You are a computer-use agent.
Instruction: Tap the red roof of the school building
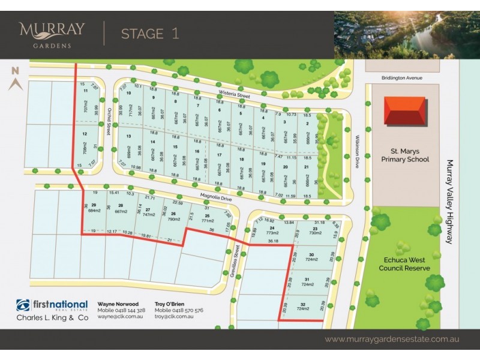pos(406,112)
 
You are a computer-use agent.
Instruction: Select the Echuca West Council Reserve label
pos(407,264)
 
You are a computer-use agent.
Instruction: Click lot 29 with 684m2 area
pos(94,208)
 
